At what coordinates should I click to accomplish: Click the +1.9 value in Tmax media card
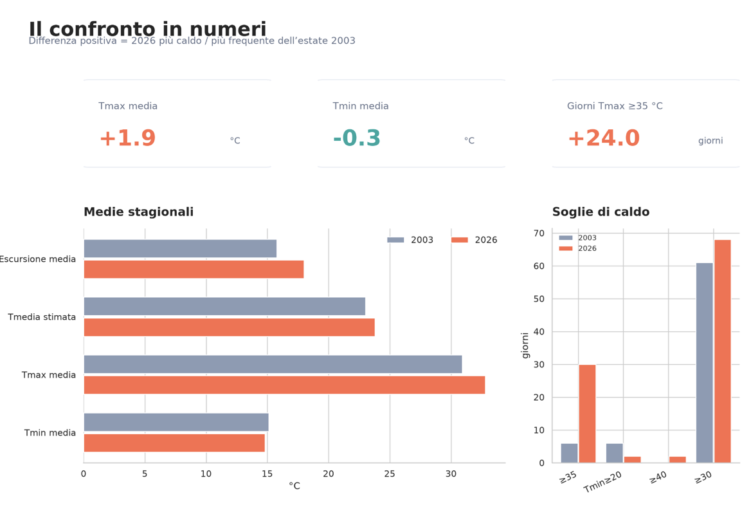pos(127,138)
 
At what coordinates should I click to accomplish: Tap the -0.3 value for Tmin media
pos(357,138)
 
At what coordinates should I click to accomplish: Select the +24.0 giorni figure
pos(604,138)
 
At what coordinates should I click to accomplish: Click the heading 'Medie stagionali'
pos(138,212)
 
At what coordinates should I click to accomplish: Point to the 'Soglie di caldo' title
pos(601,212)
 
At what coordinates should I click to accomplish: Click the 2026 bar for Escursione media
pos(194,269)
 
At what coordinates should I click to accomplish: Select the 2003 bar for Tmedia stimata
pos(224,306)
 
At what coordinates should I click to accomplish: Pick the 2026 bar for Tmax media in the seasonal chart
pos(284,385)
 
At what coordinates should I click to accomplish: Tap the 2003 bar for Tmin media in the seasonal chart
pos(176,422)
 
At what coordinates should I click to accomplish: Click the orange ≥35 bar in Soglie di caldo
pos(587,414)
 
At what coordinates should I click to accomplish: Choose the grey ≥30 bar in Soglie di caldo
pos(705,363)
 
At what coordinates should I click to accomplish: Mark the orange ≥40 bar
pos(677,460)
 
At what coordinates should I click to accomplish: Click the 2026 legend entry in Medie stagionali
pos(474,240)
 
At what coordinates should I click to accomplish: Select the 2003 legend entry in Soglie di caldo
pos(577,237)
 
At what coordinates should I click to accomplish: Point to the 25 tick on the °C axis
pos(390,473)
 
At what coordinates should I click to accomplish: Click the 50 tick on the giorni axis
pos(539,299)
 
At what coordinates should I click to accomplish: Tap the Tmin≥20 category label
pos(603,482)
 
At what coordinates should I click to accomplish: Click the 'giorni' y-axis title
pos(525,345)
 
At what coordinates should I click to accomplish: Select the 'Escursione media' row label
pos(38,259)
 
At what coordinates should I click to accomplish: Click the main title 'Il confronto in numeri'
pos(147,29)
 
